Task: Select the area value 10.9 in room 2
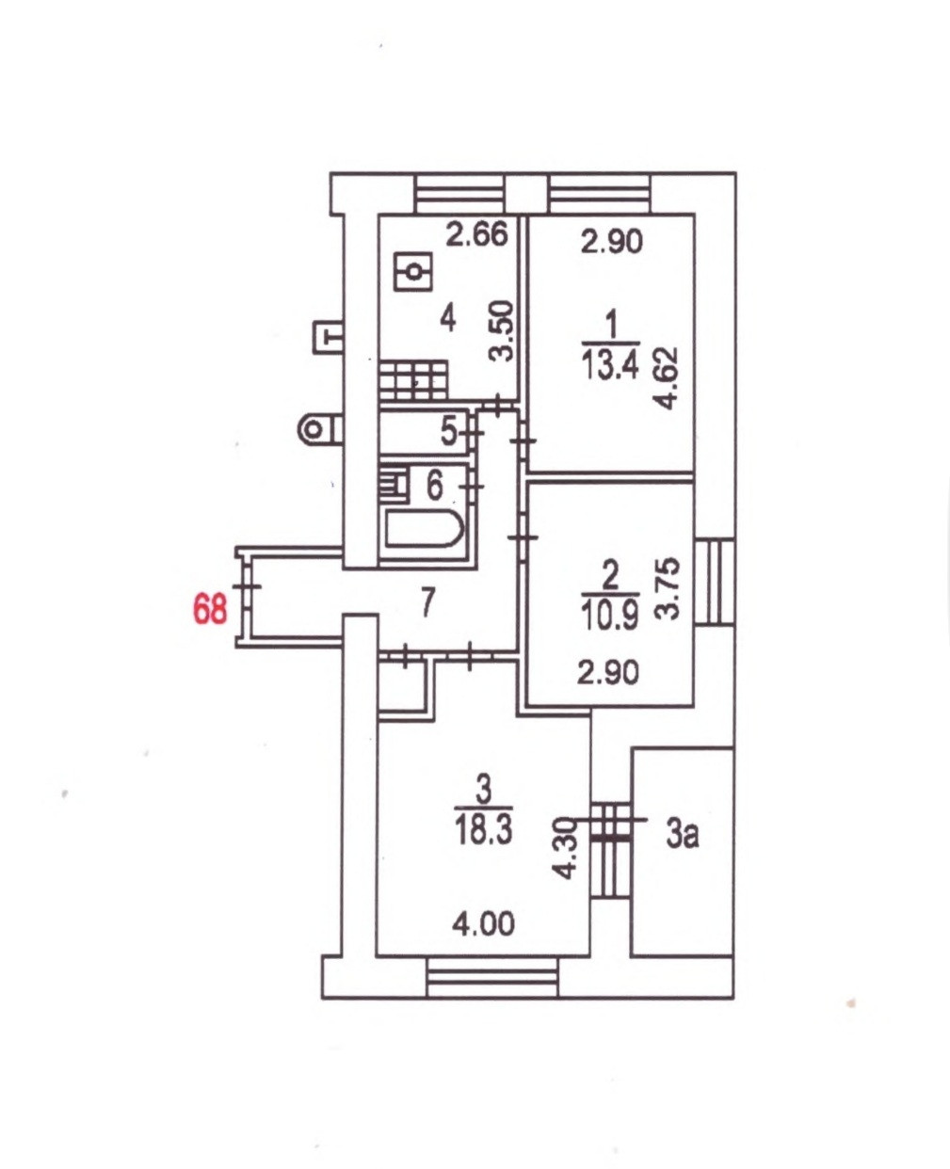click(x=610, y=615)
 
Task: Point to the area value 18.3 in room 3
click(x=483, y=831)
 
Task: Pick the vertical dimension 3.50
click(x=504, y=330)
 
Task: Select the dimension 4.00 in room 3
click(x=483, y=924)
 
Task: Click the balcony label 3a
click(x=683, y=834)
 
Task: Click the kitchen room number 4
click(x=447, y=318)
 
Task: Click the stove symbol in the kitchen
click(x=412, y=379)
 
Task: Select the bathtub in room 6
click(x=424, y=532)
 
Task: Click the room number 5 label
click(x=449, y=432)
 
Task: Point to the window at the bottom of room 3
click(x=491, y=977)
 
